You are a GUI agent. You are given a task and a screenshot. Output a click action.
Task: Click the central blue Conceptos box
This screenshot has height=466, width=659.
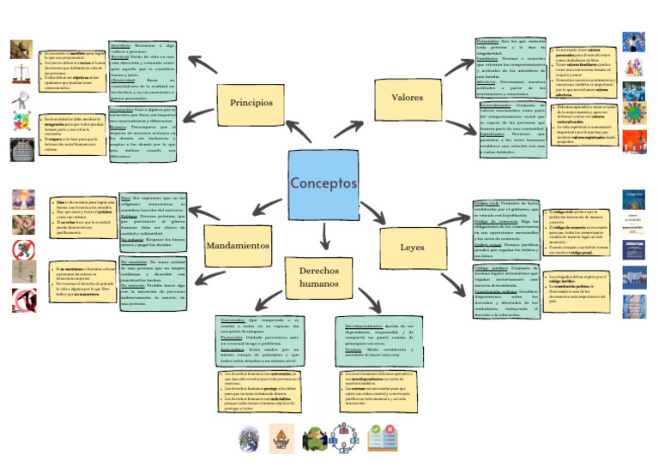click(x=323, y=184)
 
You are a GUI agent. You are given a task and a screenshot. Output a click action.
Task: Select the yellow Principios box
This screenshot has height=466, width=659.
click(x=251, y=102)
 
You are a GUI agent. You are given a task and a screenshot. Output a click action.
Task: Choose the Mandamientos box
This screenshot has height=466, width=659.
click(x=238, y=246)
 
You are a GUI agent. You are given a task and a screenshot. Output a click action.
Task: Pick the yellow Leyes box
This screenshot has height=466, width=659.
click(x=411, y=248)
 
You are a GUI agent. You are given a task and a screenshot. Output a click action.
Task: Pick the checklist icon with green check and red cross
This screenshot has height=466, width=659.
click(x=379, y=438)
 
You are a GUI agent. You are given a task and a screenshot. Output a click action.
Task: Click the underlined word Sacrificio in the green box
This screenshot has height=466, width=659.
click(x=121, y=44)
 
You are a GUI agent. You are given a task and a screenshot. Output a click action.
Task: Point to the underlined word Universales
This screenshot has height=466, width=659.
click(x=232, y=320)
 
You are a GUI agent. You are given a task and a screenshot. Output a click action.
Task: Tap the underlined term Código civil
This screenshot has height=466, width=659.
click(x=487, y=202)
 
